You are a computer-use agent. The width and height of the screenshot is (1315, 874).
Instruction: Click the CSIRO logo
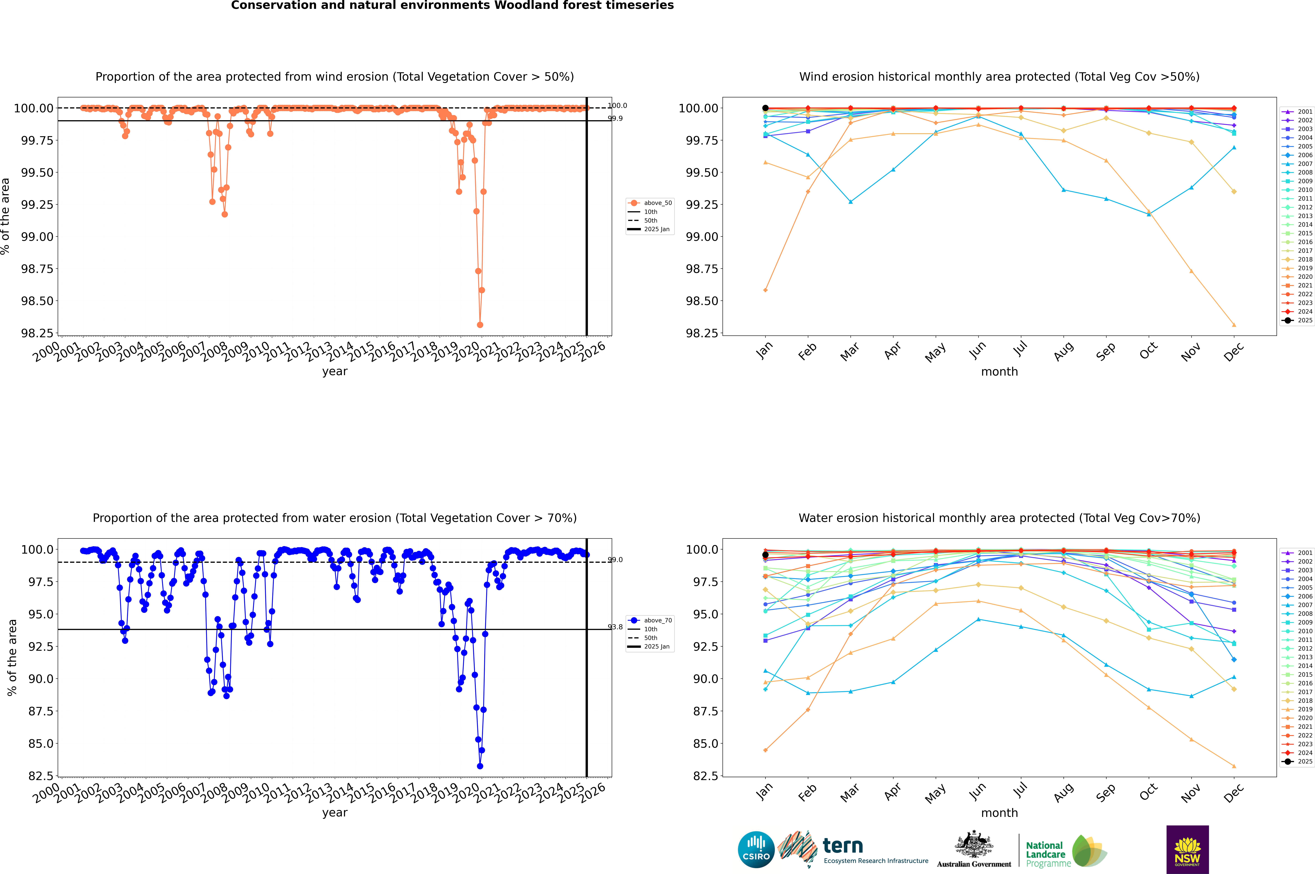756,850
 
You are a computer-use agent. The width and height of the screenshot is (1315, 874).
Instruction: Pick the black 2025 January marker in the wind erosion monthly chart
765,108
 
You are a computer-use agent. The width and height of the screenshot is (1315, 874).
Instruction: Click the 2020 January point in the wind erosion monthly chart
765,290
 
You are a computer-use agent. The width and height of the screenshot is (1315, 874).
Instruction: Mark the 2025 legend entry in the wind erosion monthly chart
1299,321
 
